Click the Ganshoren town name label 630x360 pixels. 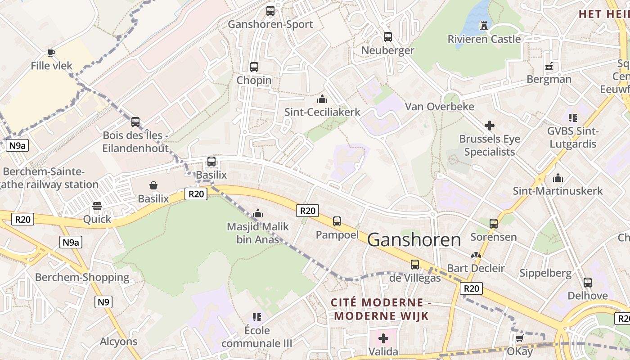coord(414,240)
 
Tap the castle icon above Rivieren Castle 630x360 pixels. coord(484,26)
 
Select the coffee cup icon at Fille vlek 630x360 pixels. coord(51,53)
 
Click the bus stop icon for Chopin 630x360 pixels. coord(254,67)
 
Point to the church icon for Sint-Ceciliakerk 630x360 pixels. coord(322,99)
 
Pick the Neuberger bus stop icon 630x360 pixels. coord(388,37)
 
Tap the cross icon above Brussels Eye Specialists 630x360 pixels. coord(490,126)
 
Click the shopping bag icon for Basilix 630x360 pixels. coord(153,185)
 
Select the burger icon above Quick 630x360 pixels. coord(97,207)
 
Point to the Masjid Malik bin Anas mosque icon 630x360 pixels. coord(258,213)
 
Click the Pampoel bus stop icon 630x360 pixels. coord(337,221)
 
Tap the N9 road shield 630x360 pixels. coord(103,302)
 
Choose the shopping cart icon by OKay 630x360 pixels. coord(519,338)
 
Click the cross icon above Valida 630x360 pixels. coord(383,338)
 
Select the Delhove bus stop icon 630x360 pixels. coord(588,283)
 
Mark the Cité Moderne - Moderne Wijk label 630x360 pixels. coord(381,309)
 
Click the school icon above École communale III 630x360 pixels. coord(257,317)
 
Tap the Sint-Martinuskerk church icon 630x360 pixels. coord(558,178)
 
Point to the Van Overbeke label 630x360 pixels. coord(440,107)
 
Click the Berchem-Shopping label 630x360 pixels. coord(82,277)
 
